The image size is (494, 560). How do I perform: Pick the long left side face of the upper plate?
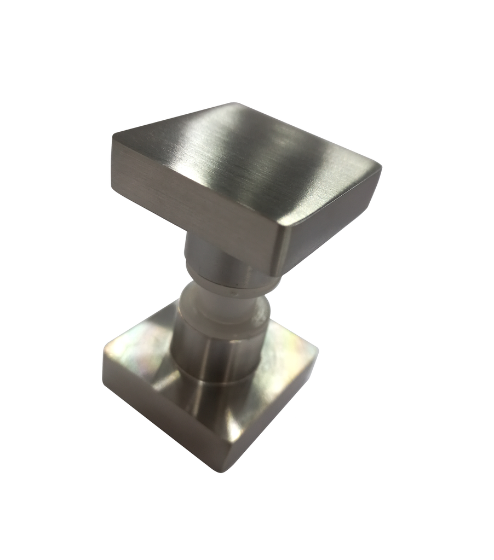(192, 202)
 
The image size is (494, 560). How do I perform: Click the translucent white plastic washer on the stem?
(219, 306)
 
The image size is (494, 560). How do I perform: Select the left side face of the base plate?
(159, 421)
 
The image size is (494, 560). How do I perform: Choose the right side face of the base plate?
(274, 421)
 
